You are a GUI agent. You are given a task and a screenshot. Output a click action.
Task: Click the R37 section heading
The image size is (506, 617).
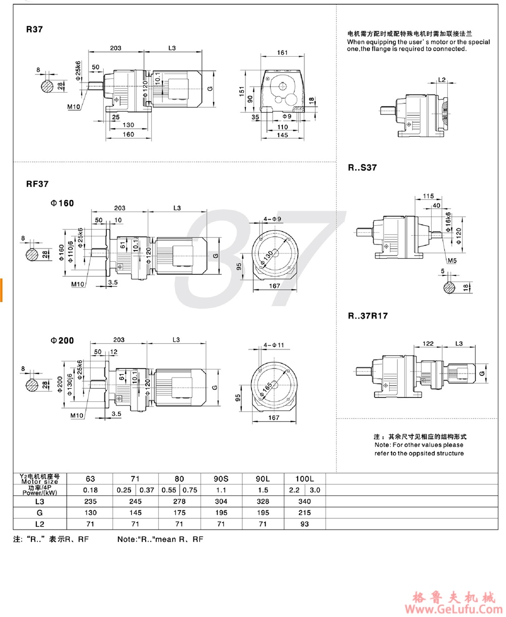point(34,29)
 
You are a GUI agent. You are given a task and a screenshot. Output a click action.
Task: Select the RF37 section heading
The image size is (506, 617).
point(37,184)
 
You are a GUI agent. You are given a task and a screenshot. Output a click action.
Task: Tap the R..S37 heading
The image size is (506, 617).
point(362,168)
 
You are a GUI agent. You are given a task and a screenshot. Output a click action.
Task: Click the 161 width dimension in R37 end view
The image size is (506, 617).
point(282,52)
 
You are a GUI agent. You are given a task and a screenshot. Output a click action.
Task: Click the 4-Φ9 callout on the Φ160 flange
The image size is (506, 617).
point(272,219)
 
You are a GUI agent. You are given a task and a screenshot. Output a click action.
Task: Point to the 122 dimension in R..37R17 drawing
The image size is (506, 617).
point(428,344)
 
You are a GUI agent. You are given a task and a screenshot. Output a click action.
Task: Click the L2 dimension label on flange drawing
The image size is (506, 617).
point(442,79)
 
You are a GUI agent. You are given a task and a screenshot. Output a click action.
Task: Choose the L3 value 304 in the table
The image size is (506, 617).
point(222,502)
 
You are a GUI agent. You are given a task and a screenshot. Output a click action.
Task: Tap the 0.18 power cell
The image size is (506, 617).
point(90,490)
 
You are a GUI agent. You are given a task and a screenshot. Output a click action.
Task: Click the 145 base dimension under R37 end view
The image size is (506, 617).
point(282,135)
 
